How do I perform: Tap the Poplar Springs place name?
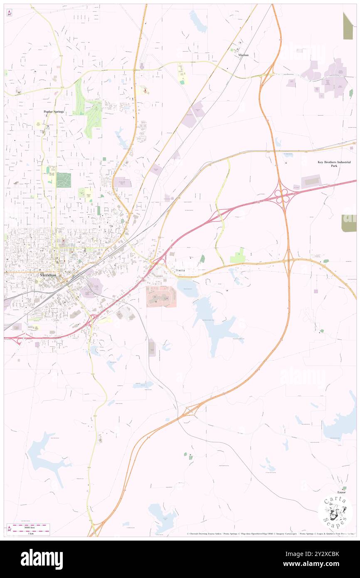[x=54, y=112]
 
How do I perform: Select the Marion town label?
[x=243, y=55]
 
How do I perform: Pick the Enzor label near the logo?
[x=342, y=487]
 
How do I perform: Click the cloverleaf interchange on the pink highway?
[x=282, y=194]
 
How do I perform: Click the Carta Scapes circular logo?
[x=335, y=512]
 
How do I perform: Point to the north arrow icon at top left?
[x=9, y=13]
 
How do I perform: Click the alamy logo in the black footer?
[x=42, y=559]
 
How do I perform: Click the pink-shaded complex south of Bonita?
[x=161, y=297]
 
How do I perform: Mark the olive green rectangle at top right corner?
[x=348, y=26]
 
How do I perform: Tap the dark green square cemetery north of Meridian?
[x=64, y=180]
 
